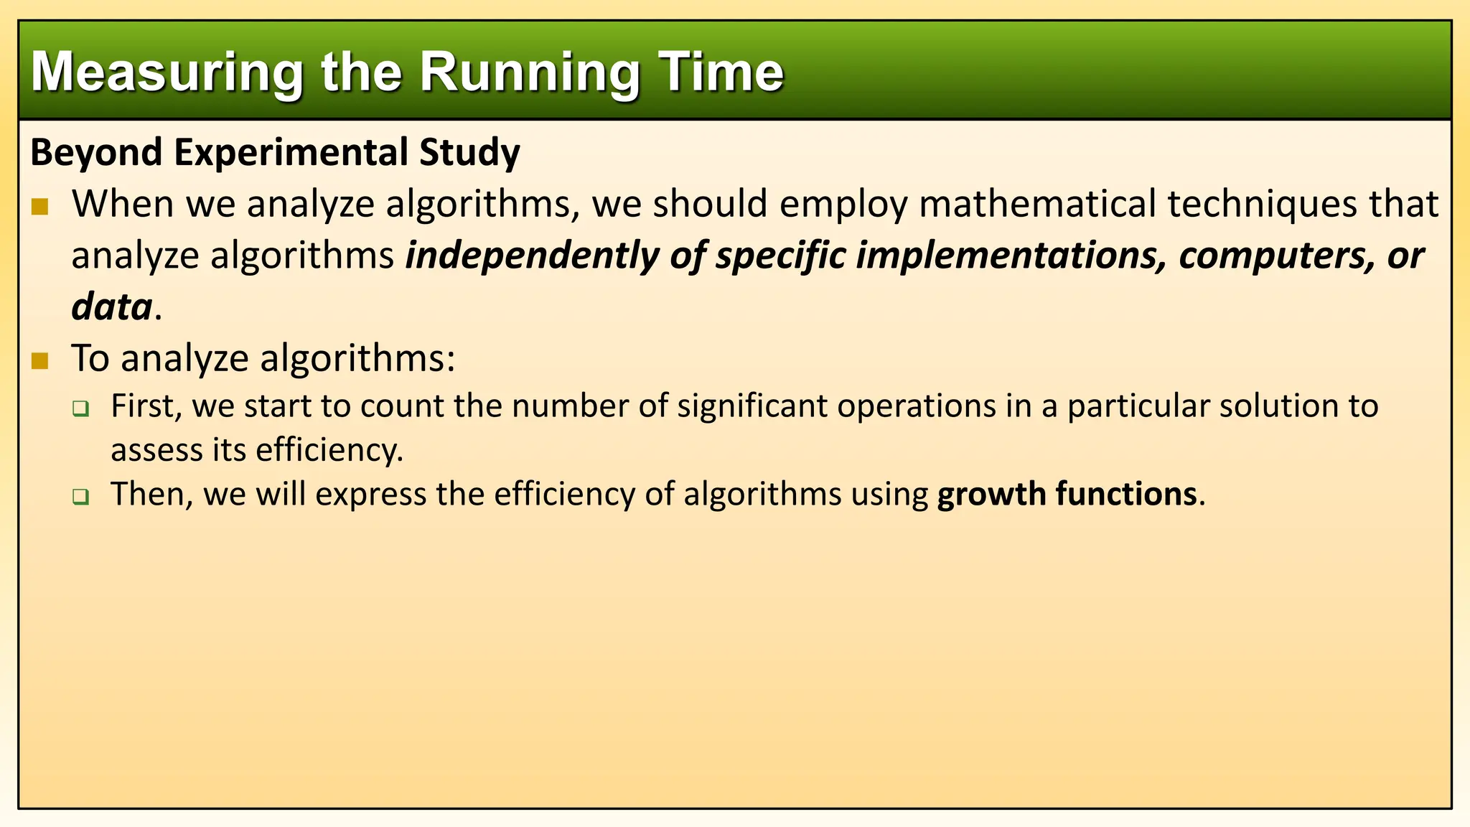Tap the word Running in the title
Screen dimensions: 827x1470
(x=529, y=73)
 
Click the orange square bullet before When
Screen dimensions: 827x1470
(x=40, y=207)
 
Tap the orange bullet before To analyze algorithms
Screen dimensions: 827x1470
(x=40, y=360)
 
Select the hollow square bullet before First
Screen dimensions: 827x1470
(x=80, y=410)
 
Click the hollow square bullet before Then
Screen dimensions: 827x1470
(x=80, y=497)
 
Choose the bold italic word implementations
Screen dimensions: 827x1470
(x=1012, y=256)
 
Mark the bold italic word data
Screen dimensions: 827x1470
(x=112, y=307)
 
